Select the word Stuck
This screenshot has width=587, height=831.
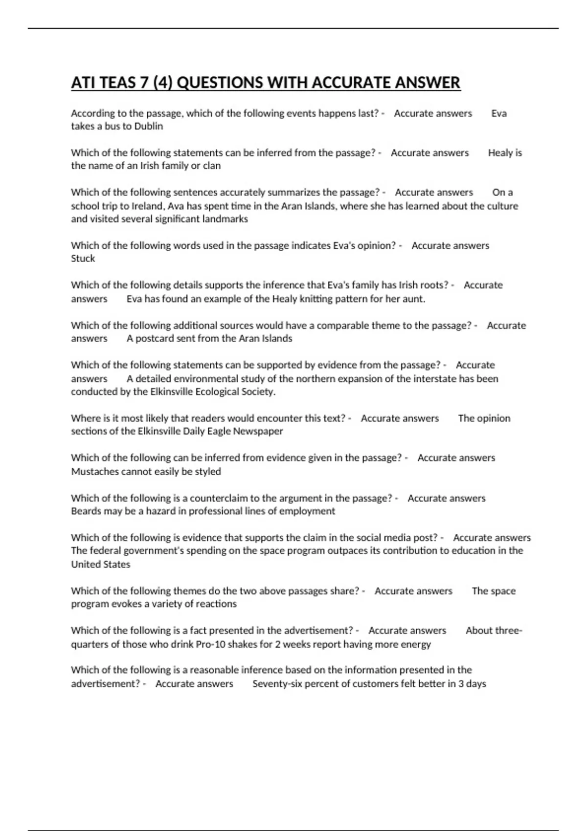click(x=83, y=259)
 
